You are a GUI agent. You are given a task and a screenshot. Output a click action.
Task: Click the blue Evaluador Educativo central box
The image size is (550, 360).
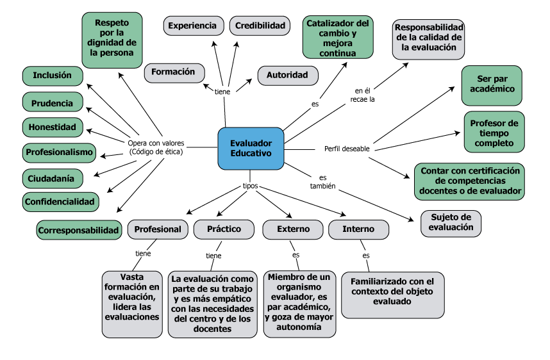coord(251,149)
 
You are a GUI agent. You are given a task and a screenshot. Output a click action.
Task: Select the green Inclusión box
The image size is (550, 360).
coord(53,76)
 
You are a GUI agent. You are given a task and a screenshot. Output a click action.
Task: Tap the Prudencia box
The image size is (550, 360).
coord(53,102)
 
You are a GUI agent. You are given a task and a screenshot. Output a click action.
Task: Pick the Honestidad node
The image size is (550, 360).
coord(53,127)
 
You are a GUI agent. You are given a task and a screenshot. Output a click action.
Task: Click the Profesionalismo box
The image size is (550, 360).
coord(59,152)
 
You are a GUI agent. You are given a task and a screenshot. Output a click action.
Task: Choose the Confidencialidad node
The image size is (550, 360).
coord(60,202)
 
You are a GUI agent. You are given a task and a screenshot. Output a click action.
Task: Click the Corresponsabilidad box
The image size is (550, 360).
coord(79,229)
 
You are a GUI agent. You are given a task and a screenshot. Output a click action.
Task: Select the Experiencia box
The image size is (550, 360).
coord(193,26)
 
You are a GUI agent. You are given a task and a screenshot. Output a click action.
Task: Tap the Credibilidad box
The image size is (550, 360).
coord(260,26)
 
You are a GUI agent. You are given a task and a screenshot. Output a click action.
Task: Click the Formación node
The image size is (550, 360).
coord(174,72)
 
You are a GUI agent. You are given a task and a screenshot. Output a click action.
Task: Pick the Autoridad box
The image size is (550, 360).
coord(288,75)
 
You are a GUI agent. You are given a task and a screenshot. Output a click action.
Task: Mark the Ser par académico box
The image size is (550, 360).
coord(492,85)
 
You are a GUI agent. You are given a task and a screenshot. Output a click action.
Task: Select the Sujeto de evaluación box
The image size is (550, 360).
coord(451,222)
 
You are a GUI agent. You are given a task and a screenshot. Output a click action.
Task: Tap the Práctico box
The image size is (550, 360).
coord(224,229)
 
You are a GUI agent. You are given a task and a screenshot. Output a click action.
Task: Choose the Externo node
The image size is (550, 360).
coord(293,229)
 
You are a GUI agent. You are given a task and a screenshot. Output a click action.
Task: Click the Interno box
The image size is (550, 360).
coord(358,229)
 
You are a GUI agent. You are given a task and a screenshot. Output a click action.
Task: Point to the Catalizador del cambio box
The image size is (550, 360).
coord(338,37)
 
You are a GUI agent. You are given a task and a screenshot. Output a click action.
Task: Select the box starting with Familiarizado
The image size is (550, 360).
coord(392,295)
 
